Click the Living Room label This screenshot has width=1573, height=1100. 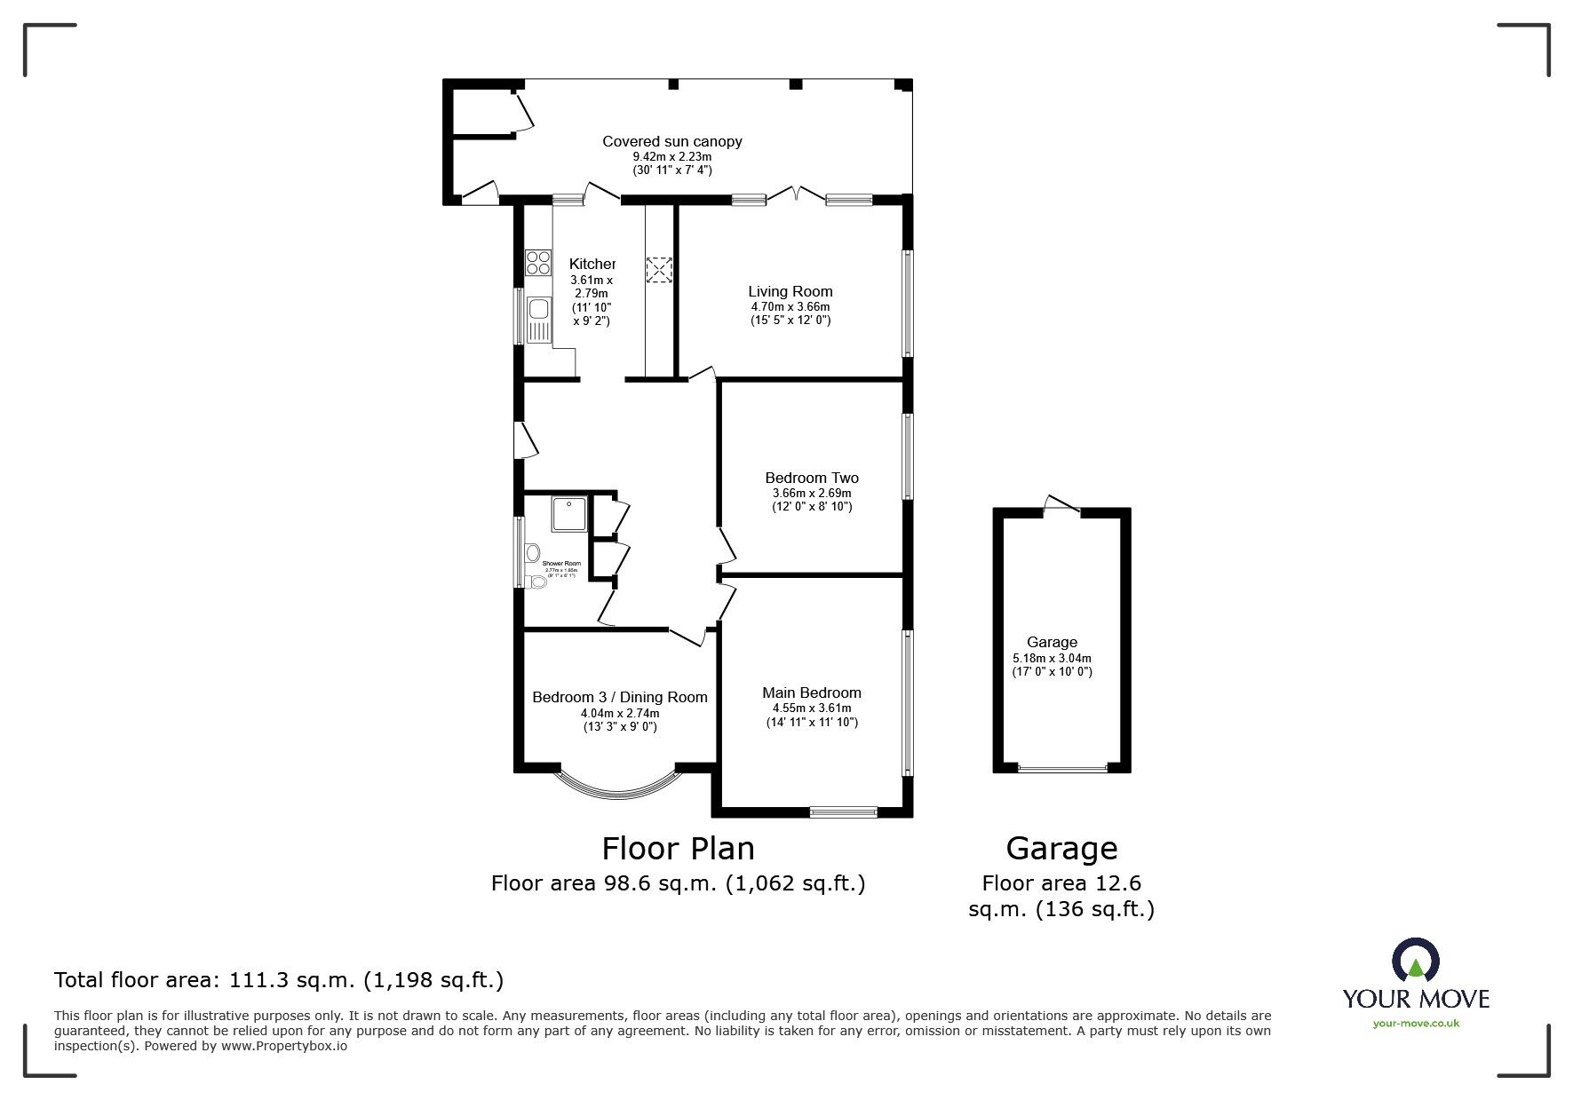790,291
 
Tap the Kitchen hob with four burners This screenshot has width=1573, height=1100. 537,262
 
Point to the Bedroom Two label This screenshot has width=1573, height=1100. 811,478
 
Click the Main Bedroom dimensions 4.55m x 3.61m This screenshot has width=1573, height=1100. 811,708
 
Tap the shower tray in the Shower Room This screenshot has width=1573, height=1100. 569,514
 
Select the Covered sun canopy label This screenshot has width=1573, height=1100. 671,141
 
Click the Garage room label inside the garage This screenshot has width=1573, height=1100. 1052,642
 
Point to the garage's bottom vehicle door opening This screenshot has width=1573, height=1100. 1062,768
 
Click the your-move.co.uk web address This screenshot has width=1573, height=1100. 1415,1024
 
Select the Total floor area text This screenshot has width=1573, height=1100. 279,980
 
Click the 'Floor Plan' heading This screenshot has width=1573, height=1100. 678,849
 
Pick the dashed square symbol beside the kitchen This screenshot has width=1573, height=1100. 659,270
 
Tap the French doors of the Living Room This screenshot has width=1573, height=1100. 796,196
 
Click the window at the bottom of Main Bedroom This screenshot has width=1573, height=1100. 843,811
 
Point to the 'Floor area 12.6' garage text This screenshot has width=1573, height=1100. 1061,883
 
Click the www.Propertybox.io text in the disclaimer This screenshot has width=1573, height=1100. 283,1046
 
